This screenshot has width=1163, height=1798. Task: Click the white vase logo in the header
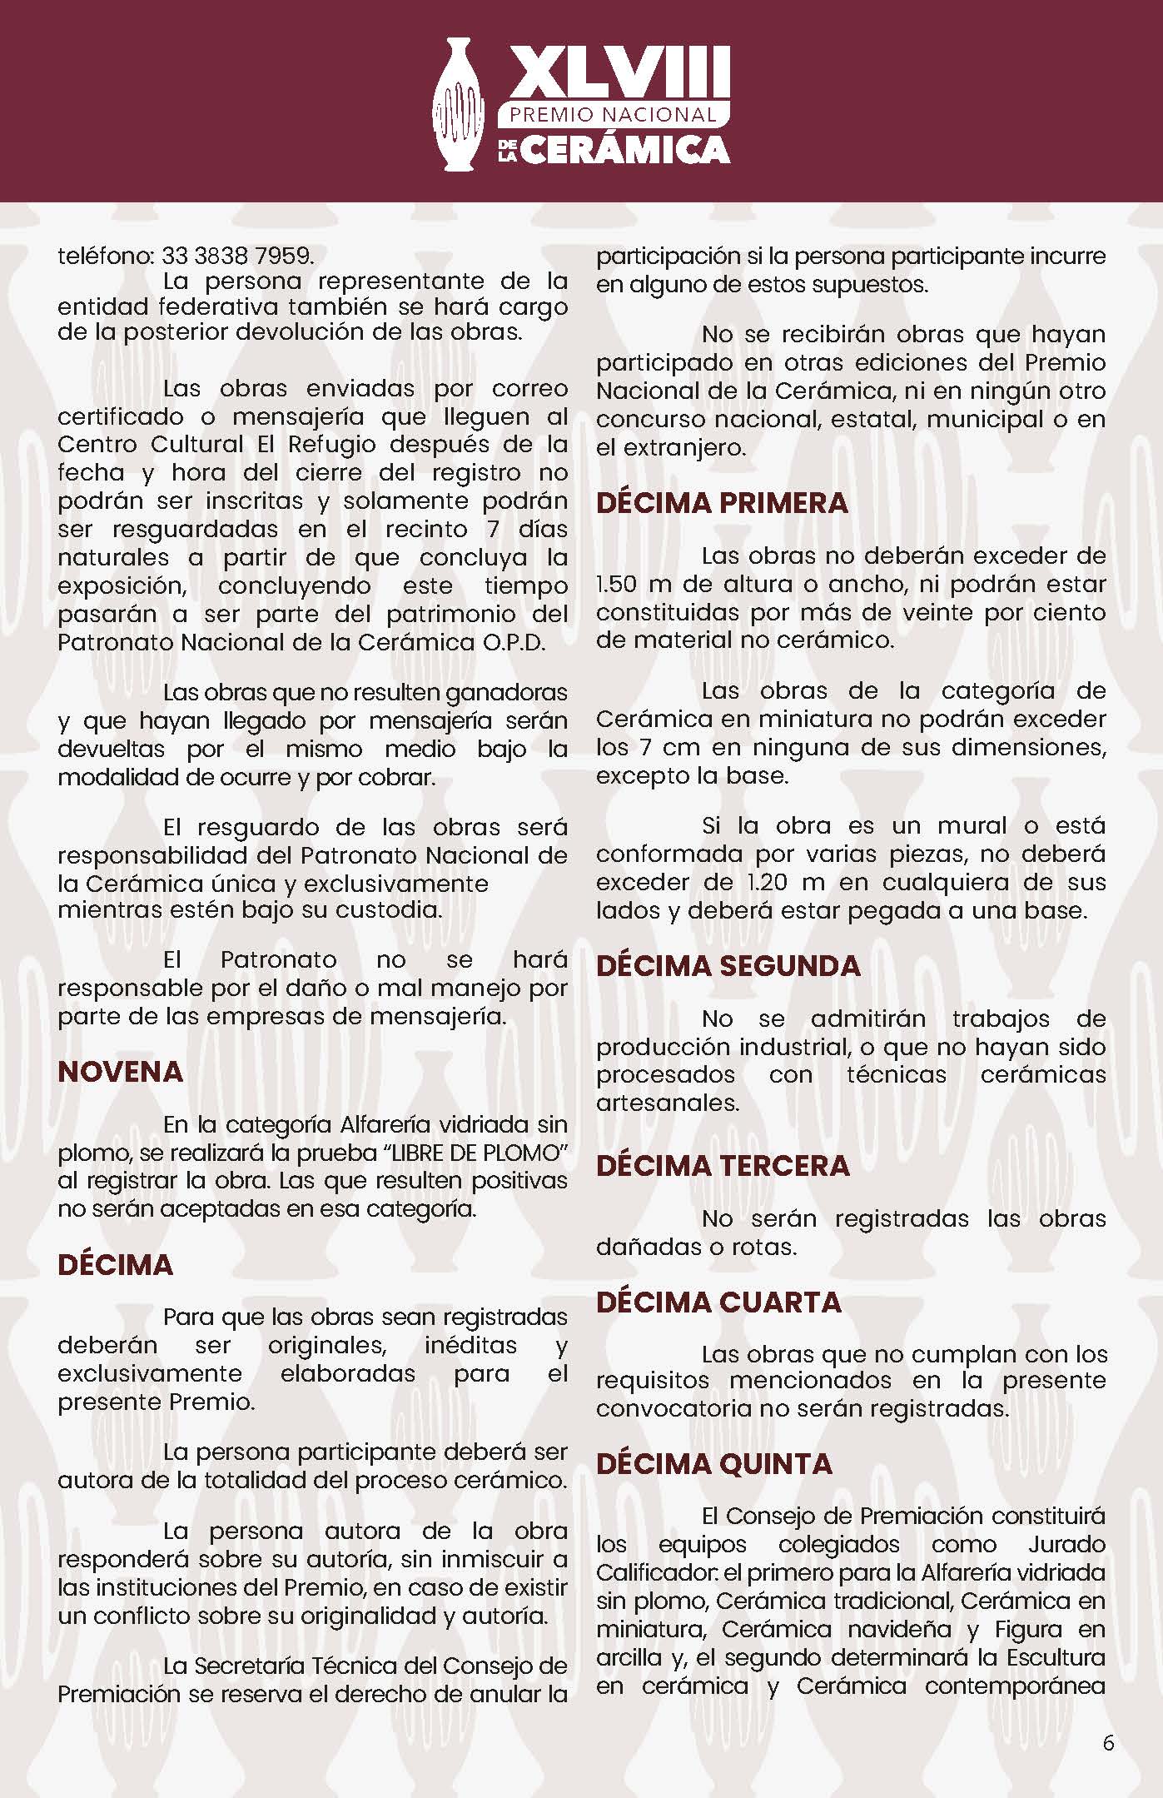click(x=460, y=104)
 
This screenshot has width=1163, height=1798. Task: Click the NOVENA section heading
click(x=120, y=1071)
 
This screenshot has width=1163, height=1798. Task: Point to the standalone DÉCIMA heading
click(x=115, y=1264)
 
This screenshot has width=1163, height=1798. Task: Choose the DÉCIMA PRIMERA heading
click(x=722, y=503)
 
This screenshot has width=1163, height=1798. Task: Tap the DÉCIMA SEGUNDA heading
click(x=728, y=965)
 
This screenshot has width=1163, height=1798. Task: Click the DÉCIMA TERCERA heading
click(x=723, y=1165)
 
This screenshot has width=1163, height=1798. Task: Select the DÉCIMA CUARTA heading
click(x=718, y=1302)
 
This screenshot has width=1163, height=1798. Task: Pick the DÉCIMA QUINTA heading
click(x=714, y=1463)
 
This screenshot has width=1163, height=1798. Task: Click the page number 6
click(x=1107, y=1742)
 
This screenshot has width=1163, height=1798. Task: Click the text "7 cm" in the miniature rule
click(x=658, y=747)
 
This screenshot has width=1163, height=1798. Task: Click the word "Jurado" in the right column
click(x=1066, y=1544)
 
